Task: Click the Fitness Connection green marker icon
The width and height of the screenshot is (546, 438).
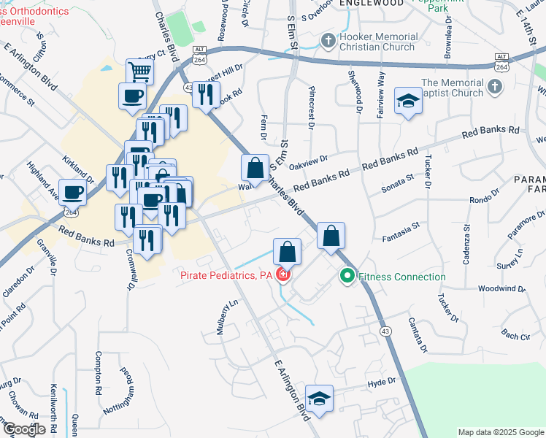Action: click(x=347, y=277)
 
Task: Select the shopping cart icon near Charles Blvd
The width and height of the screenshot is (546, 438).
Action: click(x=139, y=71)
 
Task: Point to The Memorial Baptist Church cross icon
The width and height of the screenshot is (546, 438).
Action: click(x=494, y=88)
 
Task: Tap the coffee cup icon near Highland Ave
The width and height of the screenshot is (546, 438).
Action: click(x=72, y=192)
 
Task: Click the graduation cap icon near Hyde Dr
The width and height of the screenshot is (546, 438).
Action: click(x=318, y=398)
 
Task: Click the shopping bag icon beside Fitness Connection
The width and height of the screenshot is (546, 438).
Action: click(x=331, y=236)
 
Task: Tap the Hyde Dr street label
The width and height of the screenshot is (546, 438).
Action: click(x=381, y=382)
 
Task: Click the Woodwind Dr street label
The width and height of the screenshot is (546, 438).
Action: click(x=501, y=288)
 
